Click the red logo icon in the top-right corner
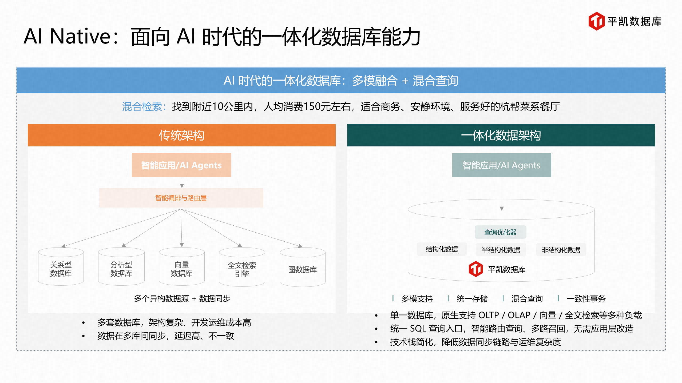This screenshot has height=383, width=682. point(596,21)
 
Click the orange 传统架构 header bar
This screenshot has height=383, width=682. point(181,135)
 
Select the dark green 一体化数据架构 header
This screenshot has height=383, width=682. point(501,135)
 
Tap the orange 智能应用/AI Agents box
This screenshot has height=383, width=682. point(181,165)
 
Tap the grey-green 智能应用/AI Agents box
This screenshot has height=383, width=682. point(501,165)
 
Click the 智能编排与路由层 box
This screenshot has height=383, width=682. point(181,198)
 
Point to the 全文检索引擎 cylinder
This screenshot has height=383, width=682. point(242,268)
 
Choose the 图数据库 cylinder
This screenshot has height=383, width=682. point(302,268)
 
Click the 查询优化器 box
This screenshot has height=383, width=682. point(500,232)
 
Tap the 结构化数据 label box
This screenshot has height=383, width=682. point(442,249)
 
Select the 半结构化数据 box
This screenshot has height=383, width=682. point(501,250)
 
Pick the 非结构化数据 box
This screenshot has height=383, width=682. point(561,250)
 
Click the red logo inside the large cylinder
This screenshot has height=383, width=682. point(475,269)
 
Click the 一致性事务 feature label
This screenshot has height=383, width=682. point(586,299)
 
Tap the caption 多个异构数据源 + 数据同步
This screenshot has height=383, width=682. point(182,298)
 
